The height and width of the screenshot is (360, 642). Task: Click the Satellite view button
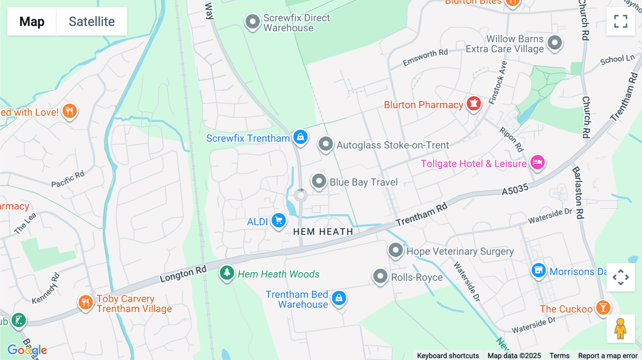(x=92, y=21)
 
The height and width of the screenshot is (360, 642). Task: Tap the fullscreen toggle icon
(x=621, y=21)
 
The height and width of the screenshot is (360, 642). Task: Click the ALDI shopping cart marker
(x=279, y=221)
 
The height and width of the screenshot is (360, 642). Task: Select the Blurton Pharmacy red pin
(x=474, y=104)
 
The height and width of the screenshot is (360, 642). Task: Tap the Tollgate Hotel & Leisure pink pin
(x=537, y=163)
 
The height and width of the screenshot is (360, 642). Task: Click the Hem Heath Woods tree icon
(x=227, y=273)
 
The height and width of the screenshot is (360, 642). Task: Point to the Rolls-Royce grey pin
(x=380, y=276)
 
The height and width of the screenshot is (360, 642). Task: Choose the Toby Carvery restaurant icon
(x=85, y=303)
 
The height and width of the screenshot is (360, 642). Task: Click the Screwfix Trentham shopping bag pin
(x=300, y=137)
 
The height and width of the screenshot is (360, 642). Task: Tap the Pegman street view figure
(x=620, y=329)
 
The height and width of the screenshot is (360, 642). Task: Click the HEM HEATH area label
(x=323, y=232)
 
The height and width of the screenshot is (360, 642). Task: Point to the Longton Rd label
(x=183, y=274)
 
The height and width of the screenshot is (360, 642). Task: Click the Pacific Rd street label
(x=68, y=179)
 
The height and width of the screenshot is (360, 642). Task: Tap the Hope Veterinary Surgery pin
(x=396, y=250)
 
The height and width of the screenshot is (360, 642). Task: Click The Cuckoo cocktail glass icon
(x=603, y=307)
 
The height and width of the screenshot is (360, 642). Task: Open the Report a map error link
(x=607, y=356)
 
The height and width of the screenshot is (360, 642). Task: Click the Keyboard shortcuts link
(x=448, y=356)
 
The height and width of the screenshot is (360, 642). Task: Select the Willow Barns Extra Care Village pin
(x=555, y=43)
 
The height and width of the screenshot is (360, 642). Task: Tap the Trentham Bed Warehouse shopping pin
(x=339, y=298)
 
